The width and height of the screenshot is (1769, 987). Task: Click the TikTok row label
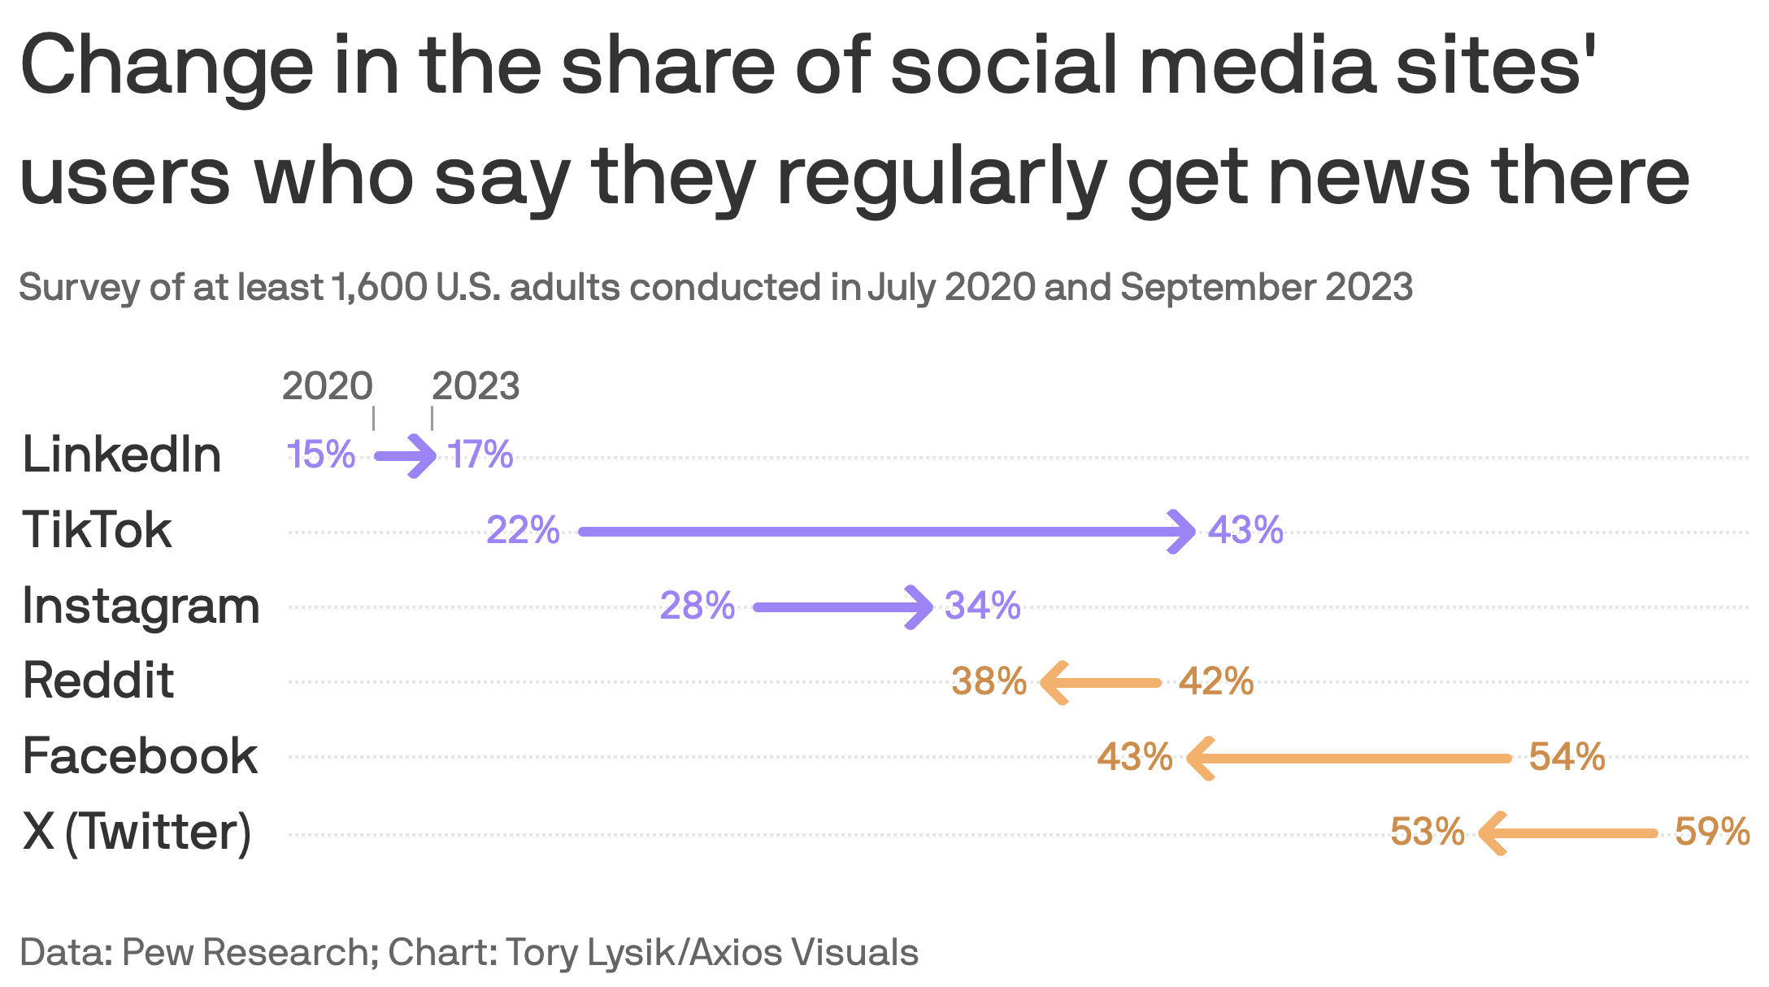97,530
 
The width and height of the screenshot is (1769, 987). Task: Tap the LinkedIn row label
122,454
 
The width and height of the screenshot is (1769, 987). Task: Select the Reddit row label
98,680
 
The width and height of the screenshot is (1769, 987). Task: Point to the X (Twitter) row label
137,832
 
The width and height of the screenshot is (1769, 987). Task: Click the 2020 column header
327,386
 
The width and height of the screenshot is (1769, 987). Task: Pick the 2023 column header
476,386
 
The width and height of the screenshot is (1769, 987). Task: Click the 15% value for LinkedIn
320,454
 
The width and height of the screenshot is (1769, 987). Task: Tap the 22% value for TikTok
523,531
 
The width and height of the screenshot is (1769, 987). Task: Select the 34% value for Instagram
982,607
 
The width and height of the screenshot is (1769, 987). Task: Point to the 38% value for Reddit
989,681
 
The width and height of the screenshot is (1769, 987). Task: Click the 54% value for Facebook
1567,757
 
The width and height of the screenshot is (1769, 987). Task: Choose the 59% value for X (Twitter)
1712,833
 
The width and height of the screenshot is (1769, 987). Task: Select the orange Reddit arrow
1102,683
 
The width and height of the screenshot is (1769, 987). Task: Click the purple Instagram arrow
841,607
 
